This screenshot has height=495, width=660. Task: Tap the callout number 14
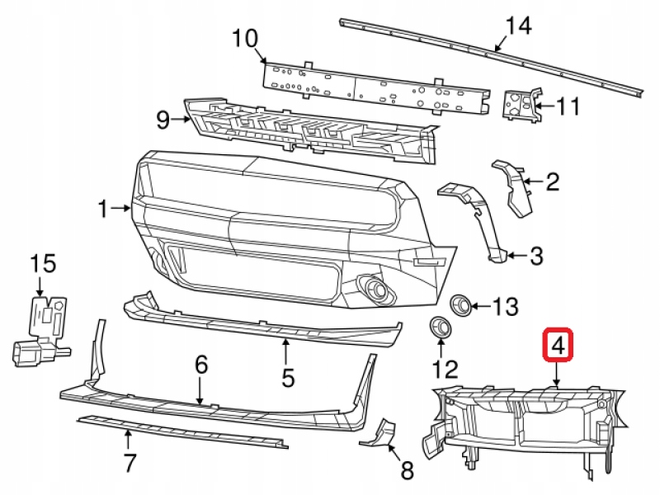518,26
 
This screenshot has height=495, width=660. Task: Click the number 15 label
43,264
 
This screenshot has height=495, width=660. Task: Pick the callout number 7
129,464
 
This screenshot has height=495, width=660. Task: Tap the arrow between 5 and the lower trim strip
286,351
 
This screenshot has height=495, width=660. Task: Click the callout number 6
200,364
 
